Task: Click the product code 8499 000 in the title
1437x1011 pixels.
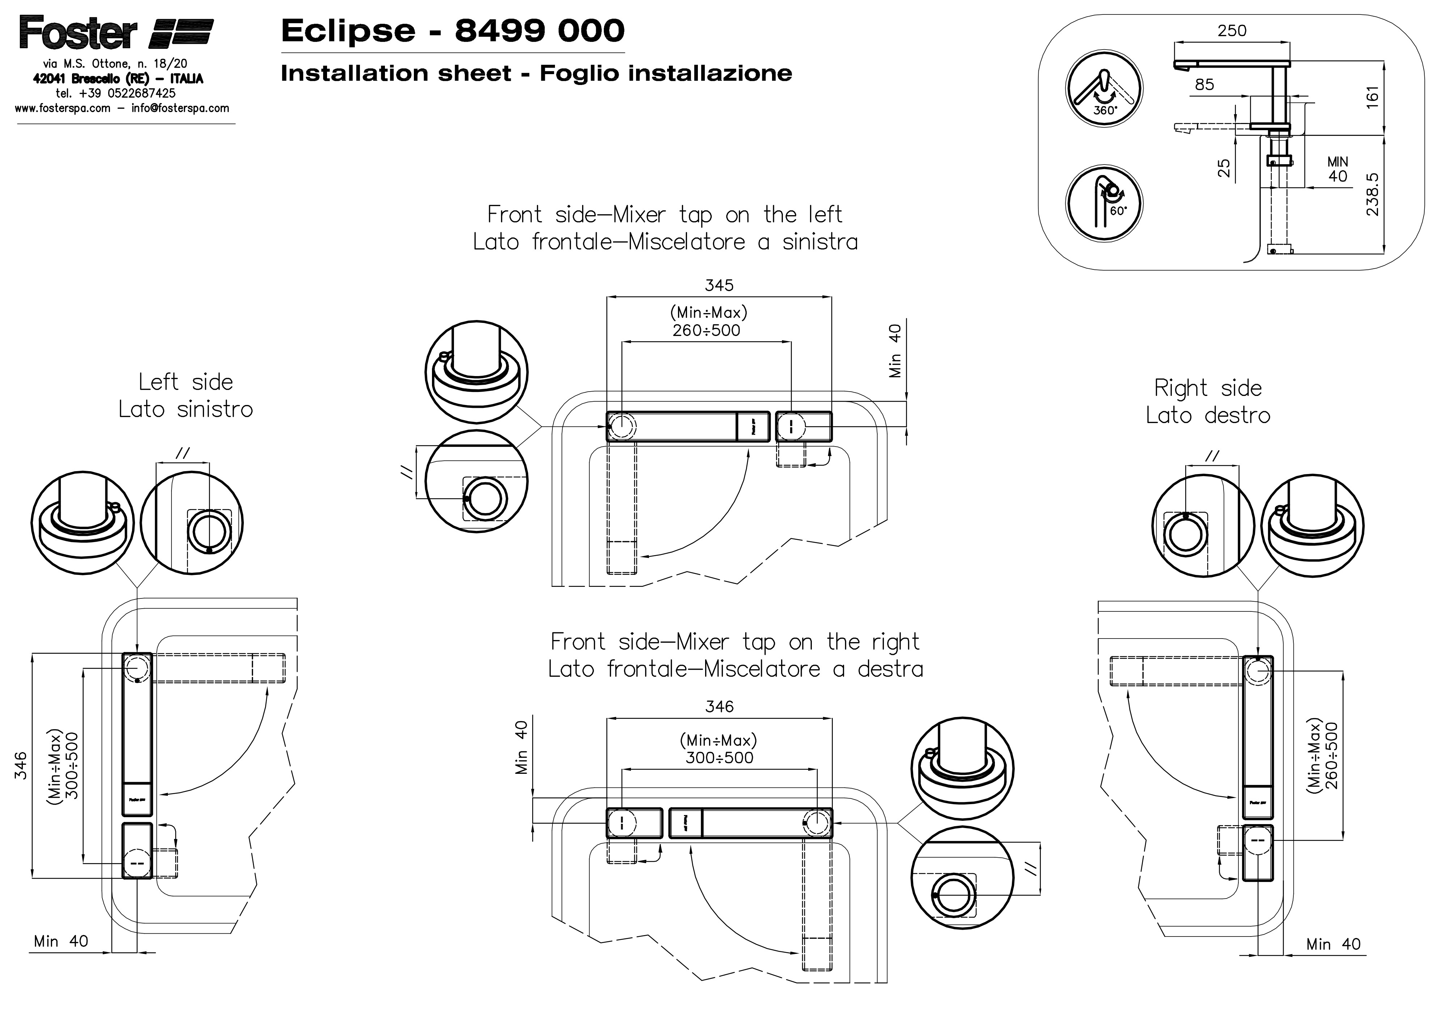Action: point(539,31)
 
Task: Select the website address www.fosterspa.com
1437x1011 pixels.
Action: point(63,108)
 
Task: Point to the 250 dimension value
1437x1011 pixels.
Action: point(1232,31)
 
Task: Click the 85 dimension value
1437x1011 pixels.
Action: point(1204,85)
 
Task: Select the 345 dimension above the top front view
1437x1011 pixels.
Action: point(719,286)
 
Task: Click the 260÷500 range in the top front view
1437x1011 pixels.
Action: point(707,330)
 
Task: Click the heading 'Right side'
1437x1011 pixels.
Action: point(1208,388)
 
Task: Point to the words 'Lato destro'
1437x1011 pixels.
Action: point(1208,415)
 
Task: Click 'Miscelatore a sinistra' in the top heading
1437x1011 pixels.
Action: point(743,242)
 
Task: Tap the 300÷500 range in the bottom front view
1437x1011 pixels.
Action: point(719,758)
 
